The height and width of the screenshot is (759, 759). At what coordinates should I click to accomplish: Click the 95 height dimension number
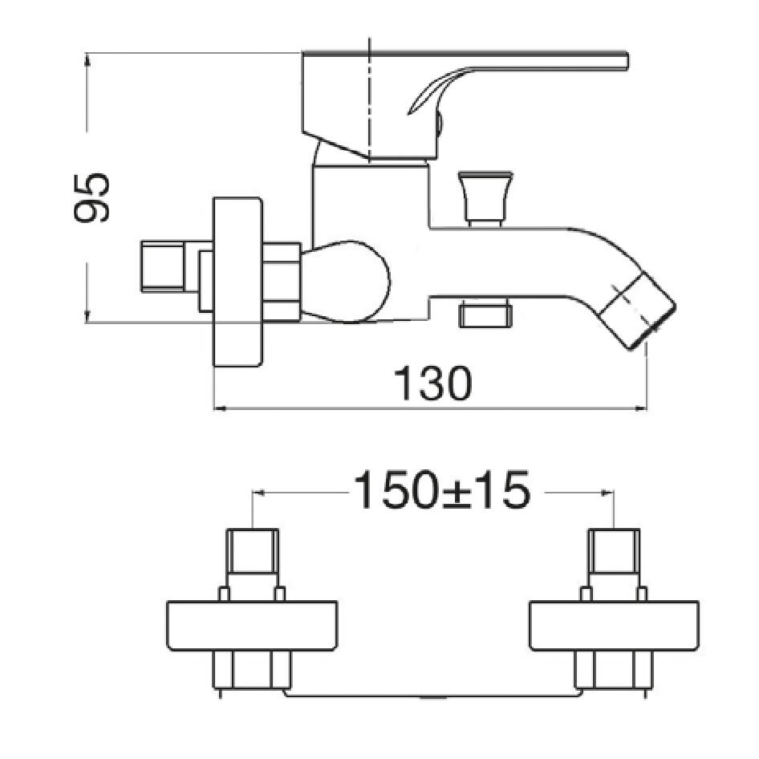[x=91, y=197]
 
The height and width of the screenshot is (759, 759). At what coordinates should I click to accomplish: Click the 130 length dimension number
[x=432, y=384]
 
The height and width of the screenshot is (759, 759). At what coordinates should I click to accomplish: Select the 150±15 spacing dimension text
[x=442, y=491]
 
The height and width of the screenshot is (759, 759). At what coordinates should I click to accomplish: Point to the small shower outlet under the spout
[x=485, y=315]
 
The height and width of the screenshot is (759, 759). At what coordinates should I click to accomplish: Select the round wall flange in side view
[x=238, y=282]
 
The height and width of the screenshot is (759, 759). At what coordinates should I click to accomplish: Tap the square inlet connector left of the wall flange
[x=163, y=266]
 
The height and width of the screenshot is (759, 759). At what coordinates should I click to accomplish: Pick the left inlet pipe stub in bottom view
[x=253, y=551]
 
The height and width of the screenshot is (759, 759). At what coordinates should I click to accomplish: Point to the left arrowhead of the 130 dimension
[x=220, y=409]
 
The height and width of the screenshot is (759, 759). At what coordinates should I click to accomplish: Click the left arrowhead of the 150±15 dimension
[x=258, y=493]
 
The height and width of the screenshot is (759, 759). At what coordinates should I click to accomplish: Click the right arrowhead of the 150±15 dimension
[x=607, y=493]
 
